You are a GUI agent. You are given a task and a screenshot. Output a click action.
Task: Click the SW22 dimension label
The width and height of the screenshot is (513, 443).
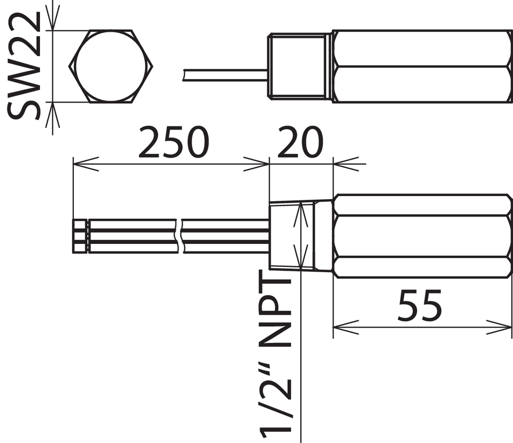click(23, 66)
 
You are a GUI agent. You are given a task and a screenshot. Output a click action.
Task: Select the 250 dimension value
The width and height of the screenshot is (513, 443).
click(174, 142)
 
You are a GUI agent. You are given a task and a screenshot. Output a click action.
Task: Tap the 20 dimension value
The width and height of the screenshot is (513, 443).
click(300, 142)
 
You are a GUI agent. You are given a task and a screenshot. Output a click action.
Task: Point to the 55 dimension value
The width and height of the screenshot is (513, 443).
click(420, 305)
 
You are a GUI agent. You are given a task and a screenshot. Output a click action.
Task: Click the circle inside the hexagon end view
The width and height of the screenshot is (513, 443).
click(111, 66)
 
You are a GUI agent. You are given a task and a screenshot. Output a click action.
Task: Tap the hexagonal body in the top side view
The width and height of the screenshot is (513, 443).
click(422, 66)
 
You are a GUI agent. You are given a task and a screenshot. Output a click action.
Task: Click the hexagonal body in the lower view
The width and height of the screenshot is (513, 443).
click(422, 236)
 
